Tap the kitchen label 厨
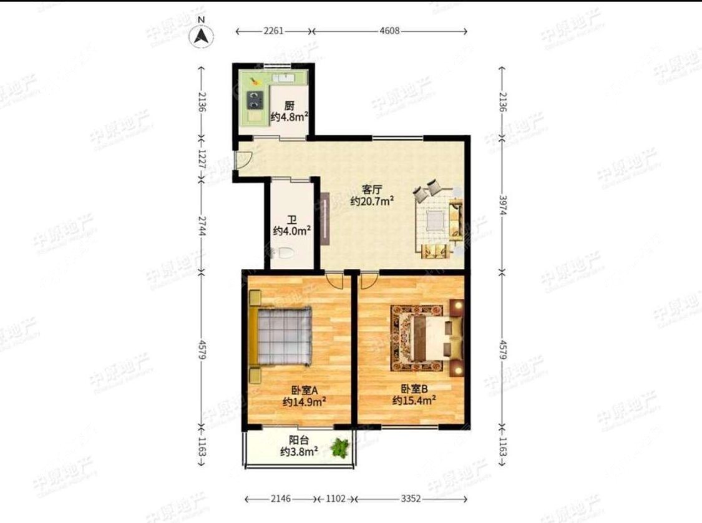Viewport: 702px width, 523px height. click(290, 105)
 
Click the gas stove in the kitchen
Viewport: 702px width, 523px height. click(255, 98)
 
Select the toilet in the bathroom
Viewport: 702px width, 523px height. click(286, 254)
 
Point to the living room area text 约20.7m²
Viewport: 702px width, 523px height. click(371, 201)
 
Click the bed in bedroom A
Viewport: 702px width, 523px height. click(282, 335)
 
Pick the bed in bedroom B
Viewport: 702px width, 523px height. click(428, 338)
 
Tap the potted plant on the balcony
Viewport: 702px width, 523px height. click(340, 447)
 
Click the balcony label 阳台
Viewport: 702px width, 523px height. click(299, 439)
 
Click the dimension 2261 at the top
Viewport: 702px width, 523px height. click(274, 31)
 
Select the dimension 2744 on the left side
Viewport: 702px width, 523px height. click(201, 227)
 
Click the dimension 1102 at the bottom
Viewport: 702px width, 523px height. click(336, 499)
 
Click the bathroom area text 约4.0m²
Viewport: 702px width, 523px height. click(292, 231)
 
